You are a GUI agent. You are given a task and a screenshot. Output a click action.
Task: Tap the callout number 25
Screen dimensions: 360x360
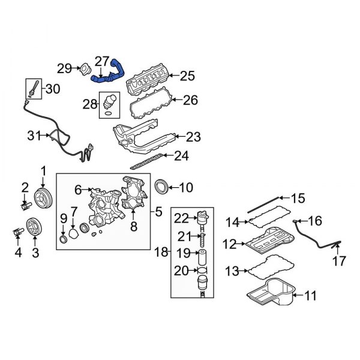188,76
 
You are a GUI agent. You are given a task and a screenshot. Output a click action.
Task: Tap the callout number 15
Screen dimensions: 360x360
298,198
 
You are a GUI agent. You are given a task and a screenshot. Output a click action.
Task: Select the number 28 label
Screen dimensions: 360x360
89,104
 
